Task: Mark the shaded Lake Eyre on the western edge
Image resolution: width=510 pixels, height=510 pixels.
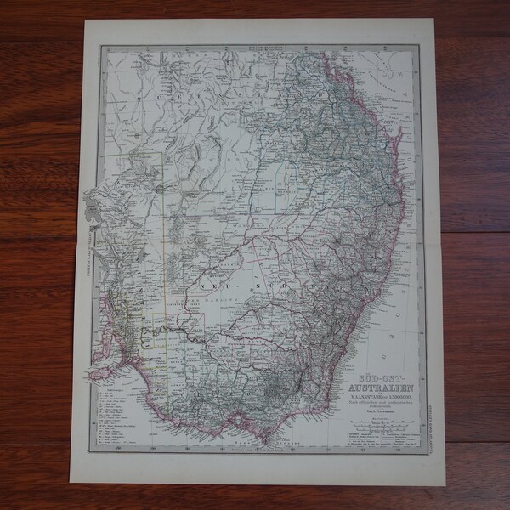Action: coord(92,203)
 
